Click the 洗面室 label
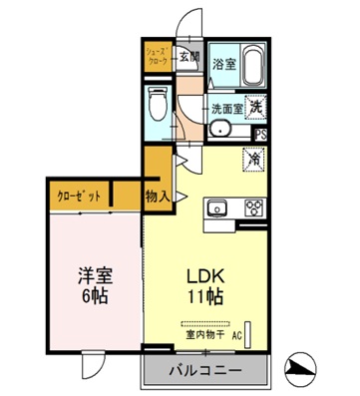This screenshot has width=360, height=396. pos(223,107)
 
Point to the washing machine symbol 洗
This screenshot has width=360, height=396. pos(255,107)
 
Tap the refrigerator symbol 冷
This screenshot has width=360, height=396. pos(254,158)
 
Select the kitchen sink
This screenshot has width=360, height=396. pos(218,208)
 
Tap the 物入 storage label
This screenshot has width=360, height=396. pos(157,196)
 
